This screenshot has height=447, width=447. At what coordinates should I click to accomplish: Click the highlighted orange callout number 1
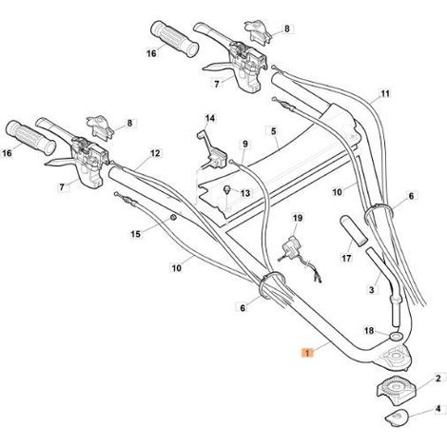point(307,353)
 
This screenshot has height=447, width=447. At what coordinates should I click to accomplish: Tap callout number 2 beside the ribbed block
point(437,379)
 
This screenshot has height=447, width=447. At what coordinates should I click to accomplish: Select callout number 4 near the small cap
point(437,409)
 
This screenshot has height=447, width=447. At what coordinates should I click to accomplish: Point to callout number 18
point(369,331)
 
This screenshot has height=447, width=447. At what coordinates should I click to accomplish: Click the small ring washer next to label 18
point(395,336)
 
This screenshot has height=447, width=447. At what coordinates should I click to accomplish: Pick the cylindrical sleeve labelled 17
point(354,231)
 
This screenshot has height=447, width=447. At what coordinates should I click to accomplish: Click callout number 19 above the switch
point(298,218)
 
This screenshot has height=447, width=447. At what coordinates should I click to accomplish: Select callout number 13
point(245,193)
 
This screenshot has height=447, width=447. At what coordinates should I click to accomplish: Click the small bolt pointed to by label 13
point(227,190)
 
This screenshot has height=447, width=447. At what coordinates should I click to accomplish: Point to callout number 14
point(209,119)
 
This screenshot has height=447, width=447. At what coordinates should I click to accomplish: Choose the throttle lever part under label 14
point(213,151)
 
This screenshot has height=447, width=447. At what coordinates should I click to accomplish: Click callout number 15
point(135,234)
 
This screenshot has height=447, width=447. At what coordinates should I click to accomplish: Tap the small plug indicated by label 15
point(173,218)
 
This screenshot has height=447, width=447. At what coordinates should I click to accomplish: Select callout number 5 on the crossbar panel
point(274,131)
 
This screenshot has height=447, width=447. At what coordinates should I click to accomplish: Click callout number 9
point(245,145)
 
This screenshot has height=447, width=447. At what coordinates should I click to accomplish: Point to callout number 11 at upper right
point(385,94)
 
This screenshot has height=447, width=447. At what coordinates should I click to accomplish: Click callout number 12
point(155,153)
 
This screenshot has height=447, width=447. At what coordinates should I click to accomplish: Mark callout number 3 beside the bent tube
point(372,289)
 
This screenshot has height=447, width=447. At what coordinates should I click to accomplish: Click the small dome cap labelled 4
point(397,418)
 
